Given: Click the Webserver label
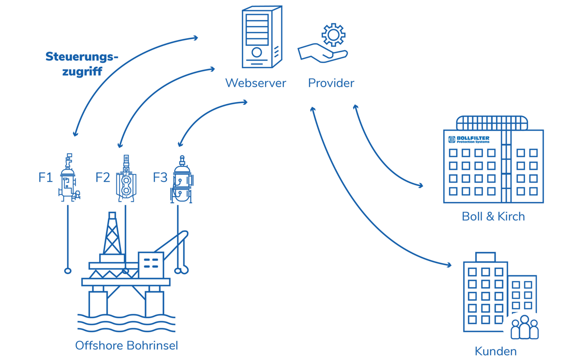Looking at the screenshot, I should (256, 83).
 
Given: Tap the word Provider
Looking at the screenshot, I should (331, 83).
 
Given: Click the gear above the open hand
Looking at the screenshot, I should (333, 35).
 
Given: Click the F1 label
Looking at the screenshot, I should (45, 177).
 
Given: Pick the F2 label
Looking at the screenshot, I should (103, 177).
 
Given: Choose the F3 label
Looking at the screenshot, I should (160, 177).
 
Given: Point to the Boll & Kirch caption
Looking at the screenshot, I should (493, 216).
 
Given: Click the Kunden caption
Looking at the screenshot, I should (495, 351).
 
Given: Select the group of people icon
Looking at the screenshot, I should (524, 327).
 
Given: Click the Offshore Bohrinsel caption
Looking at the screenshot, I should (126, 345).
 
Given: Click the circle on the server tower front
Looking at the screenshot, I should (256, 52).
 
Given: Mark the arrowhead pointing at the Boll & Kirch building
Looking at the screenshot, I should (421, 185).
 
